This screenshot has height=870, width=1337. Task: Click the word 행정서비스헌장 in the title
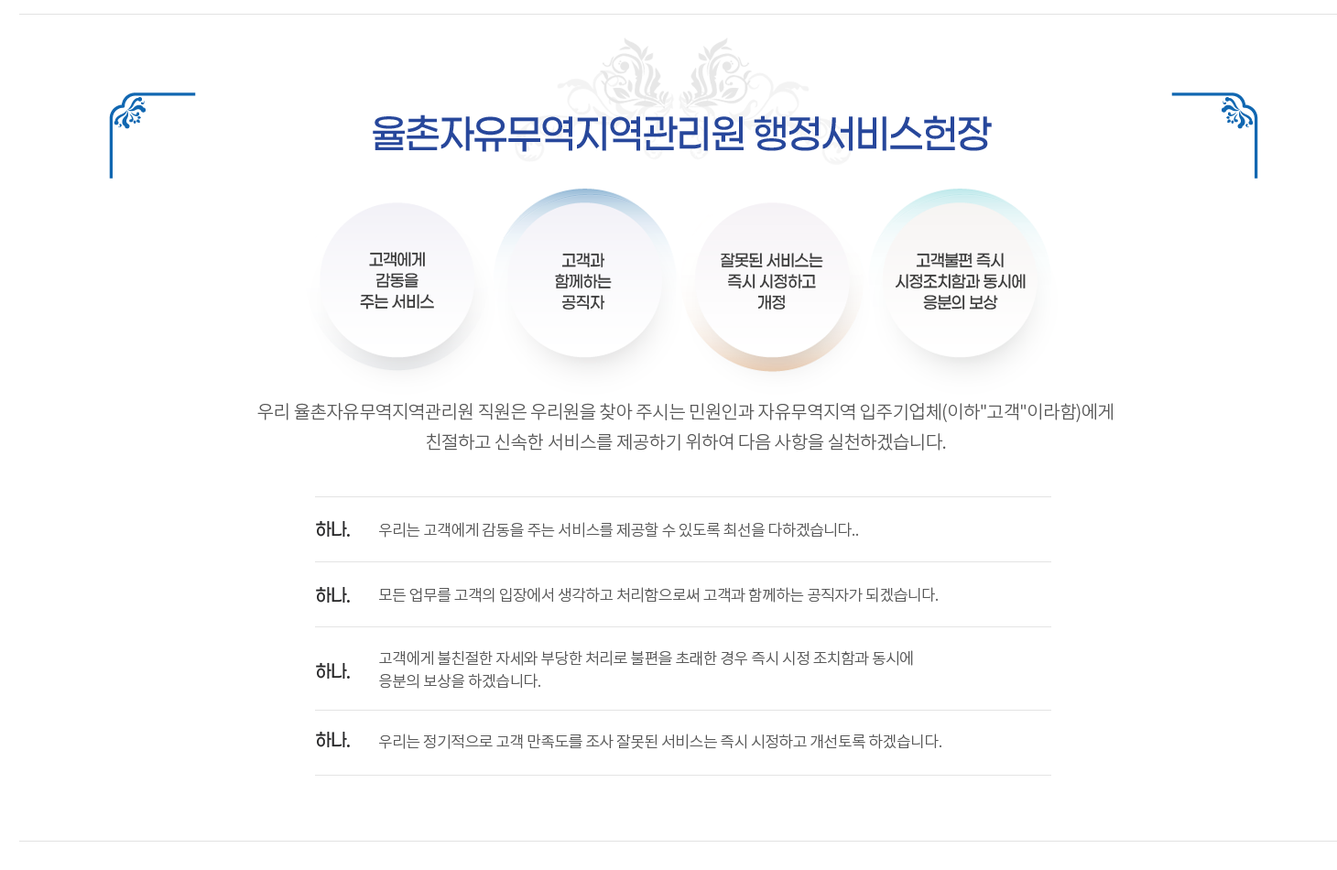(x=872, y=133)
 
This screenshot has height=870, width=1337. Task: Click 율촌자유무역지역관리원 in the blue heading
(x=558, y=133)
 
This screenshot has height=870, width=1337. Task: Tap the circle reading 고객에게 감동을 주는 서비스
(x=397, y=280)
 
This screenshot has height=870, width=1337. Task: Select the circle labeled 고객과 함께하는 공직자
(x=584, y=280)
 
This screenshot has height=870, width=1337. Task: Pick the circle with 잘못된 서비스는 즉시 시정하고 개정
(x=772, y=280)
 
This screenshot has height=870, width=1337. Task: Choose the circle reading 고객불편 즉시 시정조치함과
(x=960, y=280)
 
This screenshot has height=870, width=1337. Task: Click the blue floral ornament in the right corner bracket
(x=1236, y=112)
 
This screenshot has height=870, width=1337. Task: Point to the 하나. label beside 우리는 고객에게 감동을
(x=332, y=529)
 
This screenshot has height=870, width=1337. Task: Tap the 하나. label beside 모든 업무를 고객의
(x=332, y=595)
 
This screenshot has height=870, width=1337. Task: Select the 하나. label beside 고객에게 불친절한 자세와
(x=332, y=671)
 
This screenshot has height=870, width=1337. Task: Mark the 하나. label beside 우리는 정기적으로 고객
(x=332, y=741)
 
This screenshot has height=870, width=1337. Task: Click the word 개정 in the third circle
(x=771, y=302)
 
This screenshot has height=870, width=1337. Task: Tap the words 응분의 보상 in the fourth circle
(x=960, y=302)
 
